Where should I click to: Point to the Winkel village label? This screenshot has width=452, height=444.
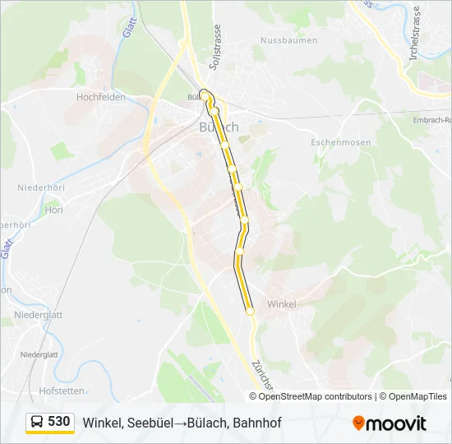[281, 304]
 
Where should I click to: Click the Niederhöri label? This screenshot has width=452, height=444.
[40, 187]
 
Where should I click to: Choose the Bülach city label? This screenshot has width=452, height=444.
[219, 127]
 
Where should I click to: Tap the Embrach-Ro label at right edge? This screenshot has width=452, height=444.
[432, 120]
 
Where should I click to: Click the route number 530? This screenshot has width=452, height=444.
[58, 422]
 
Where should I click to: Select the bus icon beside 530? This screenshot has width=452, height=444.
[37, 423]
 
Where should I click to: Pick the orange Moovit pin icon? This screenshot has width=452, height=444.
[358, 423]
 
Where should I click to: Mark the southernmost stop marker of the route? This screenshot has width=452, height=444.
[250, 311]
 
